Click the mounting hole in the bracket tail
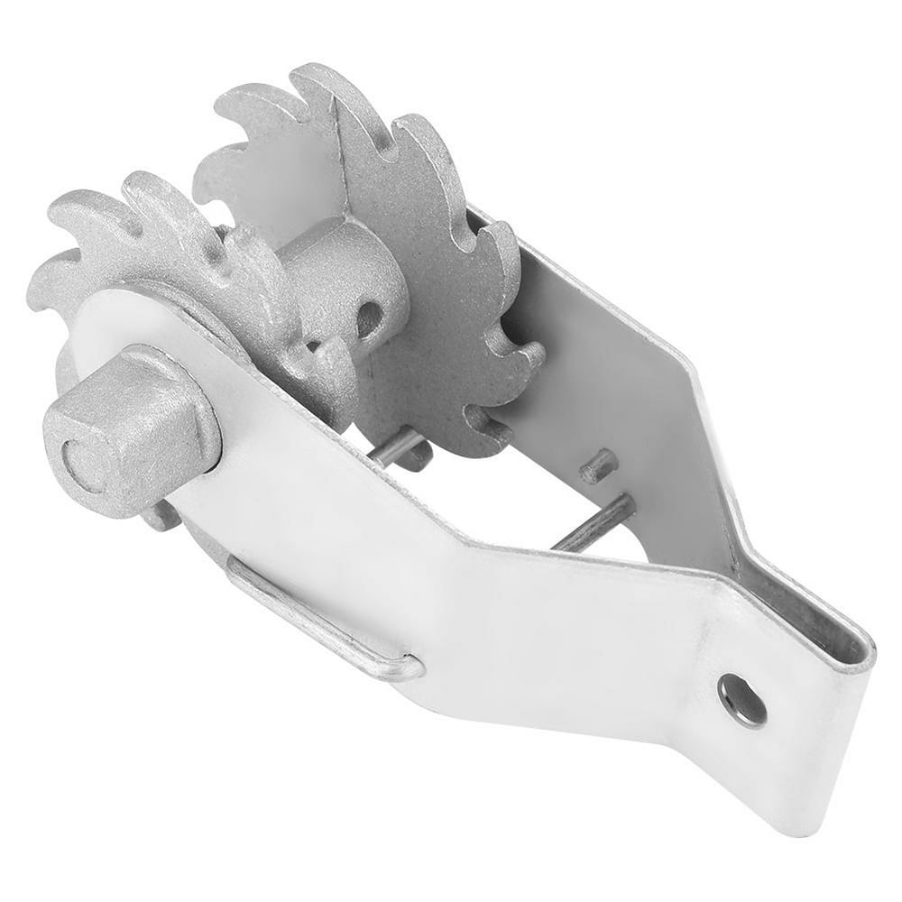741,700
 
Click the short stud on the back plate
598,465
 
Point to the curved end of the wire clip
406,667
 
